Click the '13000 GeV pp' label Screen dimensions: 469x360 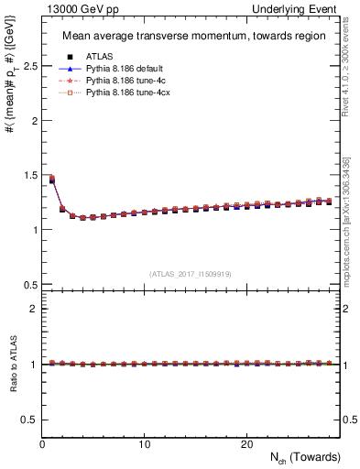click(74, 8)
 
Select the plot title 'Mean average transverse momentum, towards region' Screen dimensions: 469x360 click(193, 37)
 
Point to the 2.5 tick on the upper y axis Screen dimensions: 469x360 click(29, 66)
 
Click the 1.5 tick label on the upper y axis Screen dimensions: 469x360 click(29, 175)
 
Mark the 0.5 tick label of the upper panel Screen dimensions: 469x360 click(29, 284)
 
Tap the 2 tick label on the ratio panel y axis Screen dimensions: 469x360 click(33, 309)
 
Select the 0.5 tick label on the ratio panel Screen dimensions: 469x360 click(29, 419)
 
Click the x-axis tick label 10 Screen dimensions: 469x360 click(144, 444)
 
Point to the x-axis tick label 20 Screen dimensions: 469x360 click(246, 444)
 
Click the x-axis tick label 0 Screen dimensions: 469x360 click(42, 444)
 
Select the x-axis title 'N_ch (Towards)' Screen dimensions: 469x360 click(305, 457)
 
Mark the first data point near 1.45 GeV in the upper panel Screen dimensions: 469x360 click(51, 180)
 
